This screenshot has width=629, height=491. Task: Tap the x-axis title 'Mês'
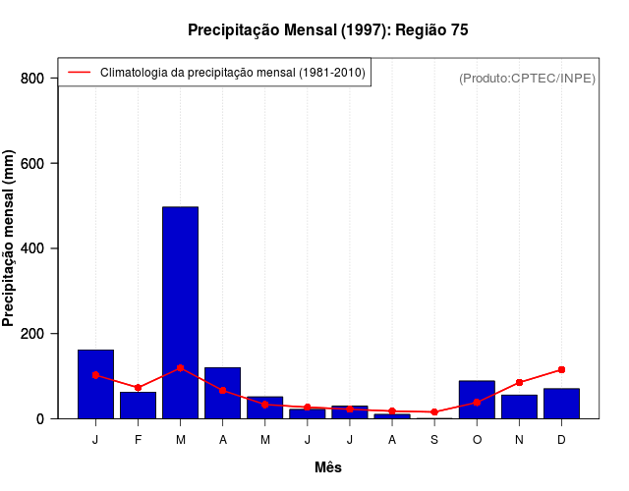pyautogui.click(x=328, y=467)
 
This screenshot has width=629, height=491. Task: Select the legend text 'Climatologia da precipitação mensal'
pyautogui.click(x=233, y=73)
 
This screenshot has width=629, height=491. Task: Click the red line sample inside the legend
pyautogui.click(x=79, y=73)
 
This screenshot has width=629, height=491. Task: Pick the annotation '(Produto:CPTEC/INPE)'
pyautogui.click(x=527, y=78)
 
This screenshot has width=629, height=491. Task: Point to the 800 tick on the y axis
pyautogui.click(x=32, y=79)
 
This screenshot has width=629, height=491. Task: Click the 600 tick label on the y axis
pyautogui.click(x=32, y=163)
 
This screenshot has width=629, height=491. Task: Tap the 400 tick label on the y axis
pyautogui.click(x=32, y=248)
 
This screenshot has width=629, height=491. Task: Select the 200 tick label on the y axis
pyautogui.click(x=32, y=334)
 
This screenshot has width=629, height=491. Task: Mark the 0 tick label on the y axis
pyautogui.click(x=39, y=418)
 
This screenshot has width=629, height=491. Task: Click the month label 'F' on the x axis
pyautogui.click(x=138, y=440)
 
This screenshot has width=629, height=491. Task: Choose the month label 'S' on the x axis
pyautogui.click(x=434, y=440)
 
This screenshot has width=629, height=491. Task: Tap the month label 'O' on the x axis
pyautogui.click(x=477, y=440)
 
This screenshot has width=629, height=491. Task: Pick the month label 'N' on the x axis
pyautogui.click(x=519, y=440)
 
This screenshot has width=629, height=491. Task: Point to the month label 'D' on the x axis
pyautogui.click(x=561, y=440)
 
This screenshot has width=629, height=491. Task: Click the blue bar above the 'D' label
pyautogui.click(x=561, y=404)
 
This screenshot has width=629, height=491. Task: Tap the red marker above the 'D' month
pyautogui.click(x=561, y=369)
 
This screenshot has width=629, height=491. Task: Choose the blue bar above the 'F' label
pyautogui.click(x=138, y=406)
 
